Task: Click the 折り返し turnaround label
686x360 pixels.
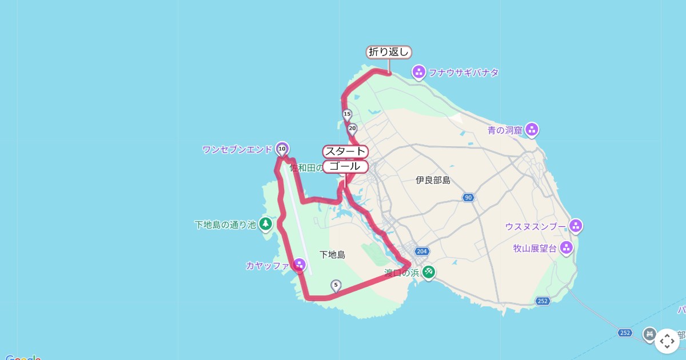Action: click(x=389, y=52)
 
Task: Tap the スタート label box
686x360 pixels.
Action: click(x=345, y=151)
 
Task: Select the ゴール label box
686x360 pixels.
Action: click(x=345, y=166)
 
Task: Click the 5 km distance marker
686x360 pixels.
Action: click(x=336, y=285)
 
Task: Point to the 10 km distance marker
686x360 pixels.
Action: click(x=282, y=149)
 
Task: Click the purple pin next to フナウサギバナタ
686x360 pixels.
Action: click(x=418, y=72)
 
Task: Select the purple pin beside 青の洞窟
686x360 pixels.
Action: click(x=532, y=130)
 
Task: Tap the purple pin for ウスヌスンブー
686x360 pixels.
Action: click(x=576, y=226)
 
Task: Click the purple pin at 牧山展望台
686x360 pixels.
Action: click(x=567, y=248)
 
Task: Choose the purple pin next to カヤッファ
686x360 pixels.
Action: click(x=299, y=265)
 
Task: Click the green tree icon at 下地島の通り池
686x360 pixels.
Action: click(x=265, y=224)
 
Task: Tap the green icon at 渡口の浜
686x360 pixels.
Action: click(x=429, y=273)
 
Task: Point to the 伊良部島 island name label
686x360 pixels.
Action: click(x=433, y=181)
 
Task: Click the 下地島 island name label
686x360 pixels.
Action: click(x=332, y=254)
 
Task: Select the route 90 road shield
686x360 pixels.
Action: click(x=468, y=198)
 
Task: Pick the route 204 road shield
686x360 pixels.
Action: click(x=421, y=251)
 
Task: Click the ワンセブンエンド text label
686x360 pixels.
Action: click(x=237, y=150)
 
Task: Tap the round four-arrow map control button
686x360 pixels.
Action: click(x=667, y=341)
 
